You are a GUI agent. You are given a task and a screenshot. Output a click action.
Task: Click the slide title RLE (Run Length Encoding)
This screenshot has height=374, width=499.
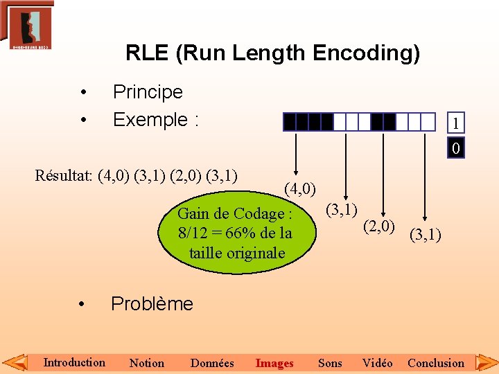coord(272,53)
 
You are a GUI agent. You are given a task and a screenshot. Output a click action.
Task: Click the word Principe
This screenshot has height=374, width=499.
coord(148,92)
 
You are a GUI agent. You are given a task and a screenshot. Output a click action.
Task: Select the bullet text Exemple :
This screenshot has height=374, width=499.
coord(156,120)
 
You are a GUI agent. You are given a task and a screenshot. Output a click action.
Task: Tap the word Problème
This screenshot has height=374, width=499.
coord(152,303)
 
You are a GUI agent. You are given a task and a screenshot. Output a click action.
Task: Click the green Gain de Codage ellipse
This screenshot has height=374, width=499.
coord(236,233)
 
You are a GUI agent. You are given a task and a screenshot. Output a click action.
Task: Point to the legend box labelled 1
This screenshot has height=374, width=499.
coord(455,123)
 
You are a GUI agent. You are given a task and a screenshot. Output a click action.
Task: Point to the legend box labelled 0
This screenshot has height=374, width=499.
coord(455,148)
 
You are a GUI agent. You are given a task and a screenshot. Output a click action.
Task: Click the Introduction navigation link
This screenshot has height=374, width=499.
coord(74,362)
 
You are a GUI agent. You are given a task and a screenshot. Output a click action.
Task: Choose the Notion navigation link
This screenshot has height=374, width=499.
coord(147,363)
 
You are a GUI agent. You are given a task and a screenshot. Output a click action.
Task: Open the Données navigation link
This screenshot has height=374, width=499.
coord(212,363)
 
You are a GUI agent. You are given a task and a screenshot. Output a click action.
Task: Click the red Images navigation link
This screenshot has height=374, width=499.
coord(274,363)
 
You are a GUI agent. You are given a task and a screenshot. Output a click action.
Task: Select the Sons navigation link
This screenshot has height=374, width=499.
coord(330,363)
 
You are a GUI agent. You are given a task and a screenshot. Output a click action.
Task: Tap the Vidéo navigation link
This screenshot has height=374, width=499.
coord(378,363)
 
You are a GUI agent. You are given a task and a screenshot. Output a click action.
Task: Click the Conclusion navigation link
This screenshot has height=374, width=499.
coord(436,363)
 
